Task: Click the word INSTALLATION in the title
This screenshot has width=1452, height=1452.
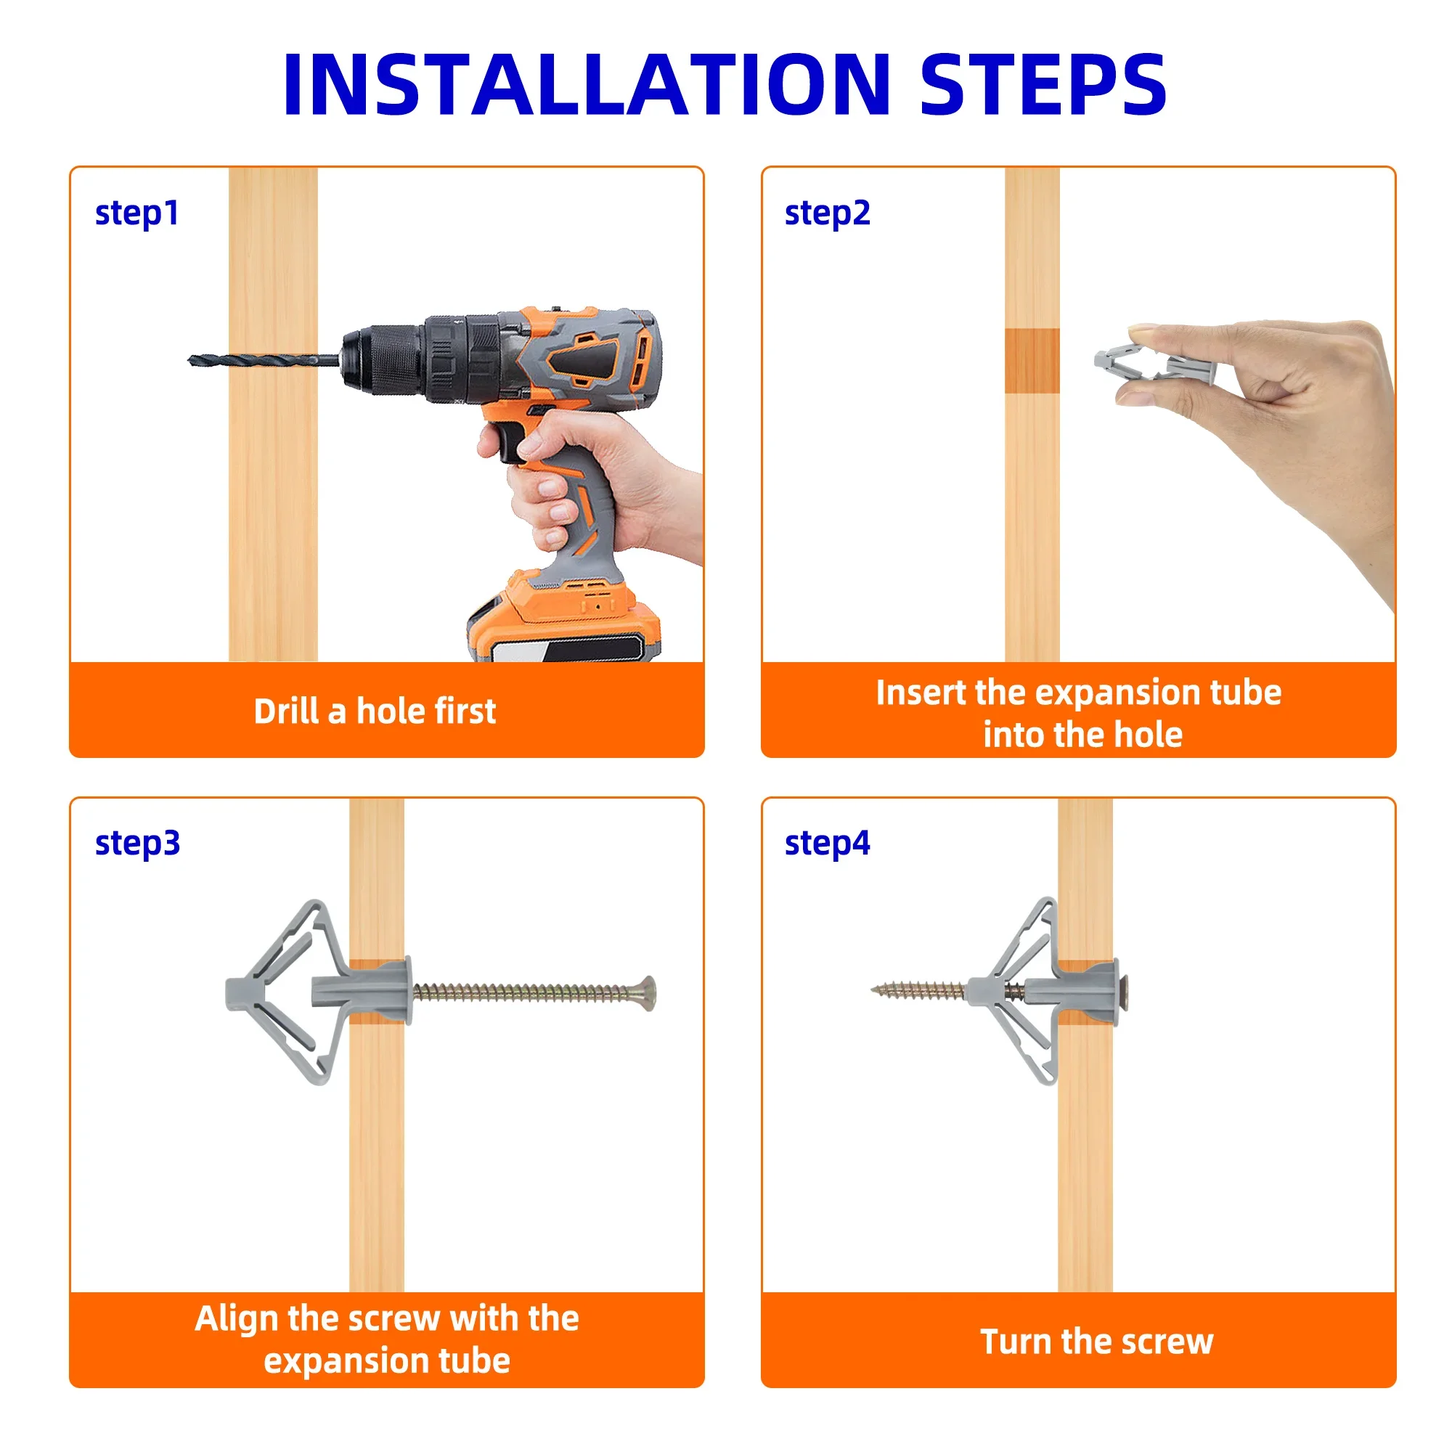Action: (587, 84)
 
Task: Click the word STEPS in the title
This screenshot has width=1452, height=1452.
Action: (1043, 84)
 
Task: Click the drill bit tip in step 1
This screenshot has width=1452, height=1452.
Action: (190, 360)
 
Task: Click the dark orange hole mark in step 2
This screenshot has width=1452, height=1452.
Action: (1032, 361)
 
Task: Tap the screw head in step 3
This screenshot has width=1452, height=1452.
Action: (648, 995)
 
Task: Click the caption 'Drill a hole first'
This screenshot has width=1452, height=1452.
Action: (375, 711)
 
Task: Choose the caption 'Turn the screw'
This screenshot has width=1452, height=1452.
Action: (1096, 1342)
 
